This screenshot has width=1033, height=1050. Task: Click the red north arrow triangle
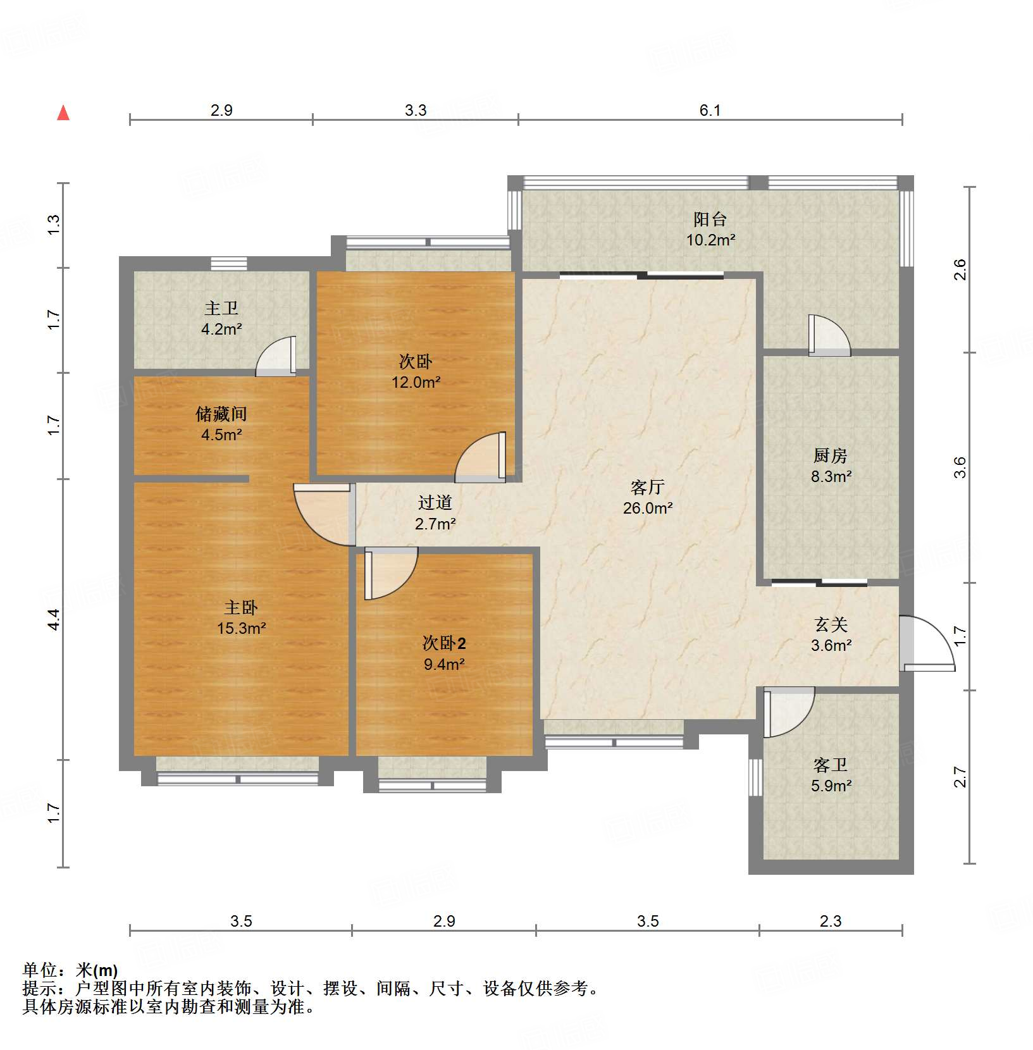63,113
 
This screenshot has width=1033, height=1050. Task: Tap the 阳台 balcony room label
710,219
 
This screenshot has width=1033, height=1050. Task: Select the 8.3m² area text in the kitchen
831,476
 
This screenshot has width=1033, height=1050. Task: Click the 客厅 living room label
647,487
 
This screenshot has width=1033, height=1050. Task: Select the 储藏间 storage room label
221,414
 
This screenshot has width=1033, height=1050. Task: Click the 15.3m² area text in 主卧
241,628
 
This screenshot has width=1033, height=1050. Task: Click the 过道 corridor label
435,503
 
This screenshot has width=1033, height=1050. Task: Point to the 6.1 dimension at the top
710,111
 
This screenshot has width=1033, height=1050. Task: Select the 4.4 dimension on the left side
54,619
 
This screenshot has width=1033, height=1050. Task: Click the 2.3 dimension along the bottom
830,921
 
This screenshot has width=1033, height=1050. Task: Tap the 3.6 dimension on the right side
960,467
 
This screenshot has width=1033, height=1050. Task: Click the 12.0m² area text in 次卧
416,382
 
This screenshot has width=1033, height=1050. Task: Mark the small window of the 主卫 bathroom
228,264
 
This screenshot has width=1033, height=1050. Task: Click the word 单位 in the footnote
40,970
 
